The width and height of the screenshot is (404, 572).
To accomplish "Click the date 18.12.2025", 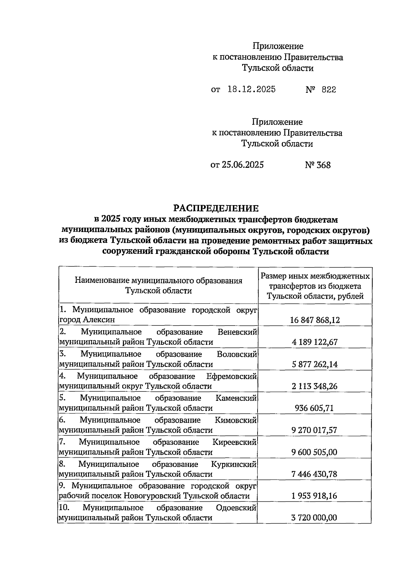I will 251,89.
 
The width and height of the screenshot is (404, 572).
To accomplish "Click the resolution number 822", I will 329,89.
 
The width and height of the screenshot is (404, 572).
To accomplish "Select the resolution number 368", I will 323,165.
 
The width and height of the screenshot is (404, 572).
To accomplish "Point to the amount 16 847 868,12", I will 315,320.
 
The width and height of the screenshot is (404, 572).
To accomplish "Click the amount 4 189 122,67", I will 315,342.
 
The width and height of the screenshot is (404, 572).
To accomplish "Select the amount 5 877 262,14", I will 315,364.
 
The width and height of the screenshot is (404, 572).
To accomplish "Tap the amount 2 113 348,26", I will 315,386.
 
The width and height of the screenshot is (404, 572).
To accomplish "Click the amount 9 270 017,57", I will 315,430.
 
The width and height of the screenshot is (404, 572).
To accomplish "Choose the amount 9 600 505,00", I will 315,452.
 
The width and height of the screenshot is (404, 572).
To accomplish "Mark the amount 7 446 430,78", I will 315,474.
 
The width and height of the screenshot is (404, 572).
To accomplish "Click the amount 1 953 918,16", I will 315,496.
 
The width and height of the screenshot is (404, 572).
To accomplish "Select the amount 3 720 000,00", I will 315,518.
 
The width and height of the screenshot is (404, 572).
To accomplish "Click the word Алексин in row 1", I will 99,320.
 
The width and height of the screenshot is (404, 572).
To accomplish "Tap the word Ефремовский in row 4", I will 232,376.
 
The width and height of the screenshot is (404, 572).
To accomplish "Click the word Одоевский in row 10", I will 236,507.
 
